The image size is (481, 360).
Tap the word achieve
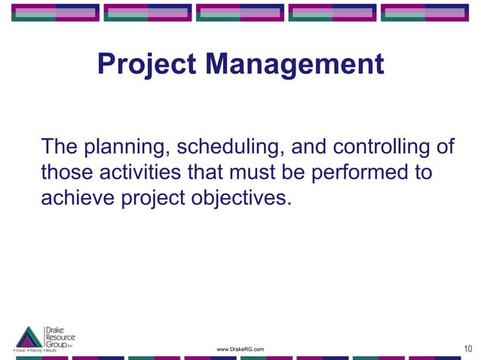pos(75,200)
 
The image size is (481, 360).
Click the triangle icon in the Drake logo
pos(29,337)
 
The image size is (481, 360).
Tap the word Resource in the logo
pos(60,337)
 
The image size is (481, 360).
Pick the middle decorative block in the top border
pos(240,12)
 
